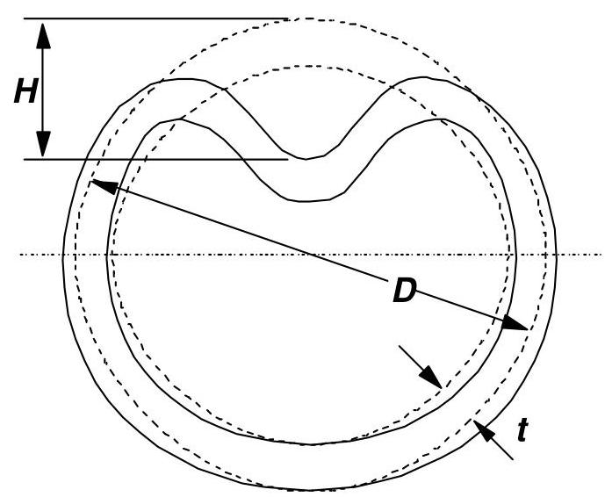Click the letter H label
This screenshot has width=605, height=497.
(x=25, y=90)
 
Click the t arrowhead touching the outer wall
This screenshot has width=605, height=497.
(x=479, y=428)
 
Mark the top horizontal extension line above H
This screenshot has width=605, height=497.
(x=158, y=18)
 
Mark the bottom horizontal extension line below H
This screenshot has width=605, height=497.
(x=158, y=159)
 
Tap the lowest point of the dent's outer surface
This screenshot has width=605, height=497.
(x=306, y=159)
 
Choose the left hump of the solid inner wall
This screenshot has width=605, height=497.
(x=183, y=119)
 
